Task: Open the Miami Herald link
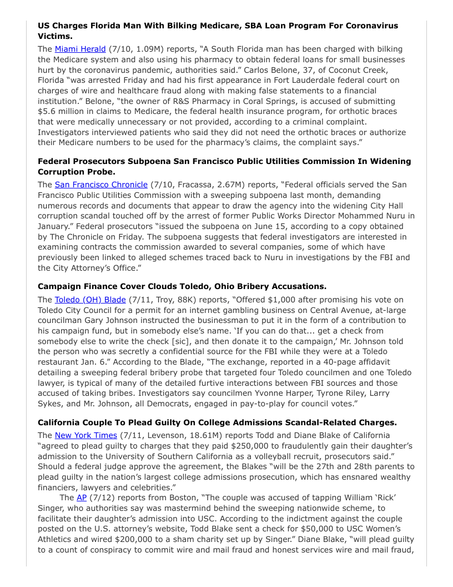tap(80, 49)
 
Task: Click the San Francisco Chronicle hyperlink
tap(101, 185)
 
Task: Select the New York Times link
tap(86, 435)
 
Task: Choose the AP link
tap(82, 498)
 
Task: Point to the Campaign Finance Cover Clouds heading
tap(182, 286)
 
